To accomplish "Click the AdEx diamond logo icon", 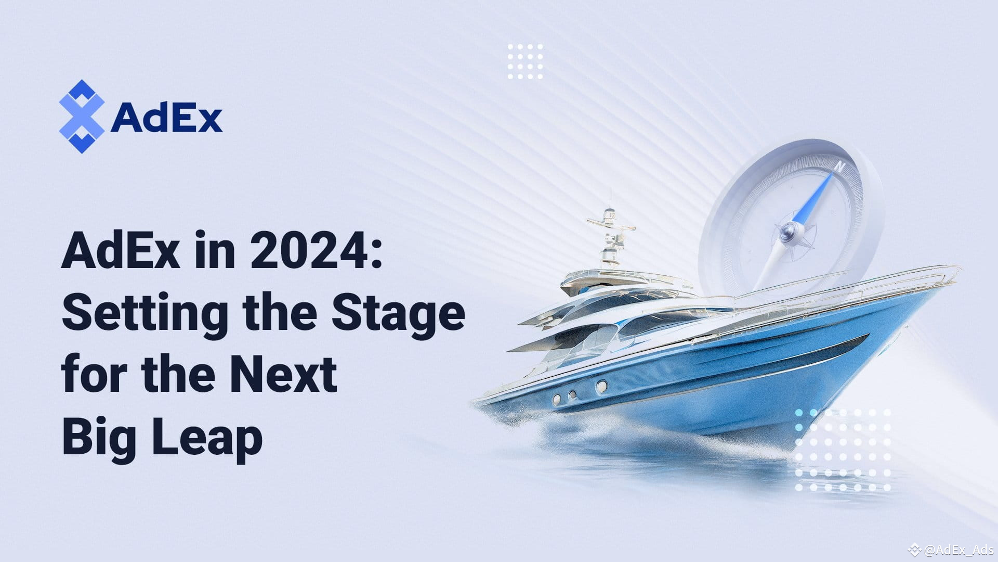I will click(x=82, y=117).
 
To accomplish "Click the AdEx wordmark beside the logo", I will click(x=166, y=118).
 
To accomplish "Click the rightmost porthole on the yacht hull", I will click(x=601, y=386).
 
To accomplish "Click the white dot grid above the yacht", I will click(x=525, y=61).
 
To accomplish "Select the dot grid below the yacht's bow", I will click(x=843, y=450).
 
